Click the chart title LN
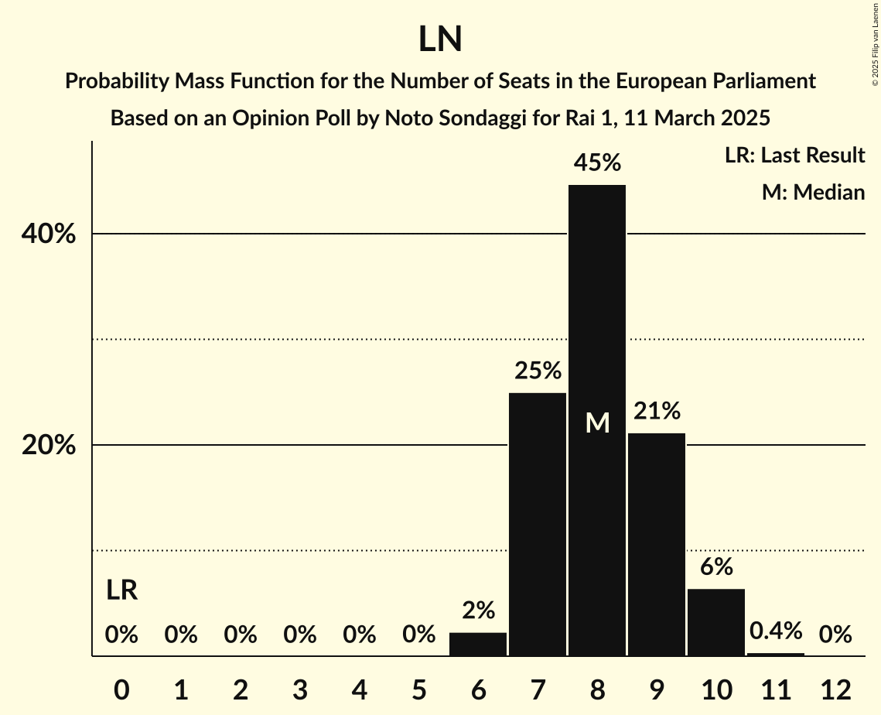point(440,39)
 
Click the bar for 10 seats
point(716,622)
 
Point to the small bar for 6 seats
point(478,645)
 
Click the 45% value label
point(597,162)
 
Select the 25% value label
point(538,371)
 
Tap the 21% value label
point(657,411)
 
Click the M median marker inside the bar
point(597,422)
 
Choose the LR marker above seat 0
point(121,590)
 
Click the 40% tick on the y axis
point(48,234)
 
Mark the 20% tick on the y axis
point(48,446)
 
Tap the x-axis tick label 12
point(835,689)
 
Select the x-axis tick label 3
point(300,689)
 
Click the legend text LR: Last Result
point(794,156)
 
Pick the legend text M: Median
point(813,192)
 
